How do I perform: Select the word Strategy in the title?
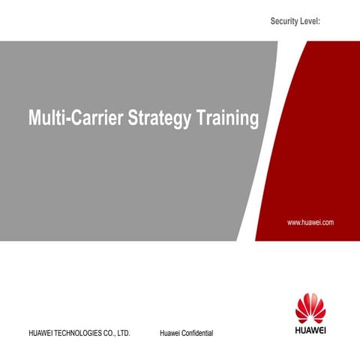[x=160, y=118]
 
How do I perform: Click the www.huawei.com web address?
[x=310, y=223]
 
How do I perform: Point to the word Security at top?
[x=286, y=23]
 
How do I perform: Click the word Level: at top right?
[x=312, y=23]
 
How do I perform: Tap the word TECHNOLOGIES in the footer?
[x=80, y=331]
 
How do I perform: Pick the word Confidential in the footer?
[x=196, y=331]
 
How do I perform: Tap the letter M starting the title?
[x=34, y=118]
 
